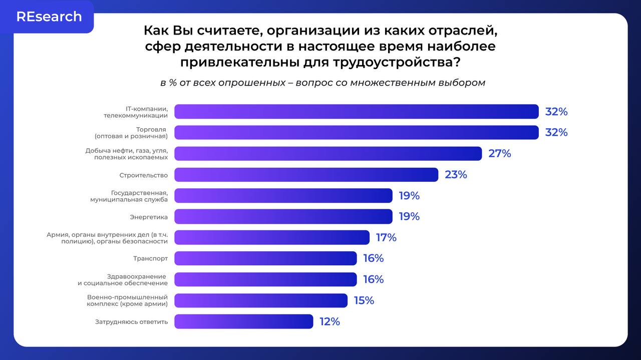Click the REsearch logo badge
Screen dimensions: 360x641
point(49,17)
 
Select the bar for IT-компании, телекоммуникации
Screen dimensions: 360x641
point(356,112)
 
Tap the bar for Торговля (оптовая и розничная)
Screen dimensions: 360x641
point(356,133)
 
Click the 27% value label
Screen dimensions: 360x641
point(499,154)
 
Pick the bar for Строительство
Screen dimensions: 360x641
point(306,175)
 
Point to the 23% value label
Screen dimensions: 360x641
point(456,175)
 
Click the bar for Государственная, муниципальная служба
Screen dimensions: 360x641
point(283,196)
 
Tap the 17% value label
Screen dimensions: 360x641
point(386,237)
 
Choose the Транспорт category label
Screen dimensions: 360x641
point(150,258)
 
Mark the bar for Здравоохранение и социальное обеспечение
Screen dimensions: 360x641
point(265,279)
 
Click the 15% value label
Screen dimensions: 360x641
point(364,300)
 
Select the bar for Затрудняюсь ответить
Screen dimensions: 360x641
point(243,321)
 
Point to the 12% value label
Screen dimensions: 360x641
point(330,321)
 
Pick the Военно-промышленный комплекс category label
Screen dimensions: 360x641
point(127,300)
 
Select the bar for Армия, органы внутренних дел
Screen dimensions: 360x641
point(271,237)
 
